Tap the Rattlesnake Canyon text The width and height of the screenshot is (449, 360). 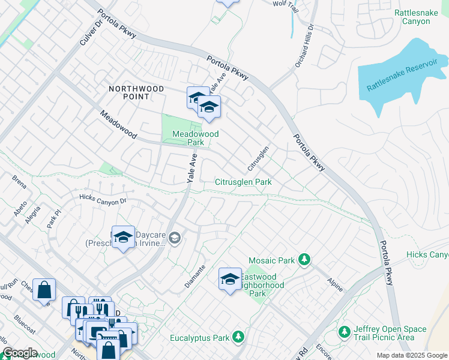click(420, 17)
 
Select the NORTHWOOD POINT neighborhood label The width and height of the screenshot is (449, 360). click(136, 92)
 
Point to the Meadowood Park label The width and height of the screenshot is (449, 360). click(195, 138)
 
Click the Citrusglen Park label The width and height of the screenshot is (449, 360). click(243, 182)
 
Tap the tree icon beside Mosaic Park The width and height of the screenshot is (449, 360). click(305, 259)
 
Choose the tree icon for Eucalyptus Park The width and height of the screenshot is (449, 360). click(239, 337)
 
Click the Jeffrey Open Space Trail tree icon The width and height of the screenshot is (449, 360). click(344, 332)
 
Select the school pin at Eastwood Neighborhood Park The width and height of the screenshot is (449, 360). click(229, 279)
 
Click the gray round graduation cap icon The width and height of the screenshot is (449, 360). click(174, 239)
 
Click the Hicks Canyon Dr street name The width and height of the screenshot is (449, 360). click(103, 199)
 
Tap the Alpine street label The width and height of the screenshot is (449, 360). click(335, 284)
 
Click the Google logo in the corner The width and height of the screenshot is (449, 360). click(20, 353)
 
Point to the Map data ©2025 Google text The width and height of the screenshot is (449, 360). click(412, 355)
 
